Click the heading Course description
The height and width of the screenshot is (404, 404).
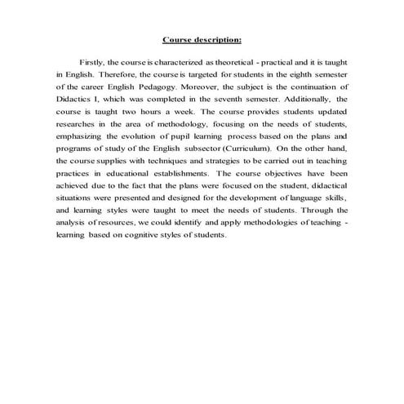202,39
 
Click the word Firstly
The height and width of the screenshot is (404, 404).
92,62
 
